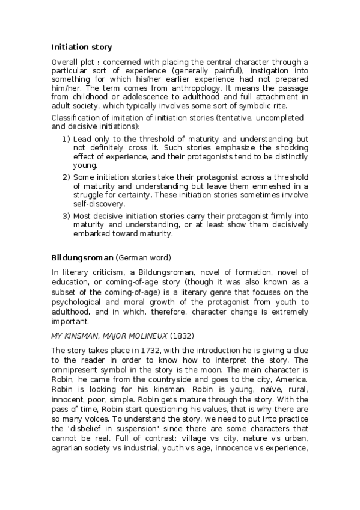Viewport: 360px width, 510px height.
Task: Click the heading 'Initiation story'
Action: [x=81, y=46]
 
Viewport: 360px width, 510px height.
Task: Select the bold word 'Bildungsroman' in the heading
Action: [x=82, y=257]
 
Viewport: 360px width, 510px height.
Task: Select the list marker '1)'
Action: [x=66, y=139]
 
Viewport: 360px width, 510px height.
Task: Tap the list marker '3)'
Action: [x=66, y=215]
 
